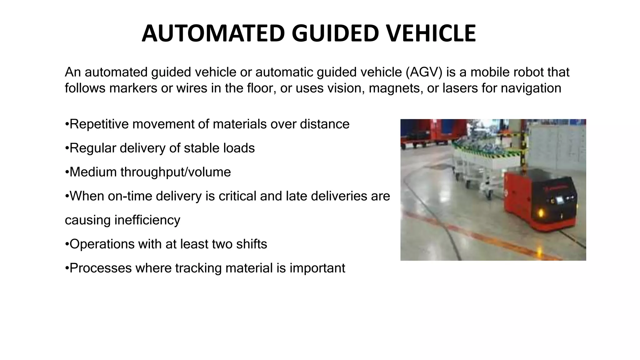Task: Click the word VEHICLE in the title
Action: tap(431, 33)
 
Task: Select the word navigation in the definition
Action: tap(531, 88)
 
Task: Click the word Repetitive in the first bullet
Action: tap(99, 124)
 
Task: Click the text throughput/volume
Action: tap(176, 172)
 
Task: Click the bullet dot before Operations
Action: tap(67, 244)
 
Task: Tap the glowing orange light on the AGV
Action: tap(540, 213)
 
